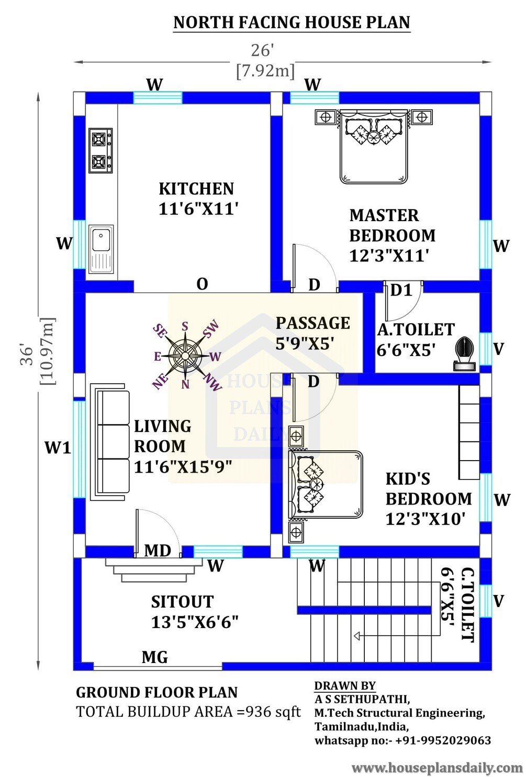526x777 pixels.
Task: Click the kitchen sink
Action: (x=100, y=249)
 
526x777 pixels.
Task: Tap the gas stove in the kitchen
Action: (x=100, y=151)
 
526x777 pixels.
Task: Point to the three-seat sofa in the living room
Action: (x=110, y=441)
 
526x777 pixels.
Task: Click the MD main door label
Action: (x=158, y=550)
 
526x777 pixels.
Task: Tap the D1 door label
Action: (x=401, y=290)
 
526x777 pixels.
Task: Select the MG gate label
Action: (x=155, y=657)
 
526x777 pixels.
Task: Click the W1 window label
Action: (x=58, y=448)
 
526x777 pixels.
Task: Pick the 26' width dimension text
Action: (x=263, y=51)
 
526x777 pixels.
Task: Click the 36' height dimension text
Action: (x=27, y=354)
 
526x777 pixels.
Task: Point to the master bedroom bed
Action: (x=374, y=146)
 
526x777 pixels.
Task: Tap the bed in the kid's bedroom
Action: (x=326, y=484)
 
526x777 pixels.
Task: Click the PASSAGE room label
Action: (x=313, y=323)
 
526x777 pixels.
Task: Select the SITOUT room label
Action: (x=182, y=602)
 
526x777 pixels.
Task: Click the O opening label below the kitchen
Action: (x=203, y=284)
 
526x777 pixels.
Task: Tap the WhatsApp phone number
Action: (x=443, y=740)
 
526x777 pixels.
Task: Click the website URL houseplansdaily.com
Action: (x=437, y=767)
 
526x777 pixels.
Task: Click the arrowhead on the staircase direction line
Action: (x=356, y=636)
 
